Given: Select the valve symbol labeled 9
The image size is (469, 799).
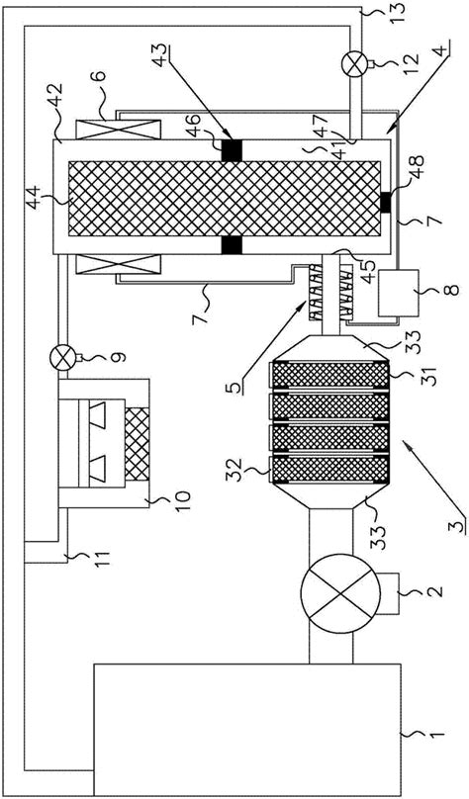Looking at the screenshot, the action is point(62,358).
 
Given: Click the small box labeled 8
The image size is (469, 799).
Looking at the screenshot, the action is point(398,292).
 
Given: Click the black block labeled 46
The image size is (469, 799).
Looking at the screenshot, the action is point(232,150).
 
